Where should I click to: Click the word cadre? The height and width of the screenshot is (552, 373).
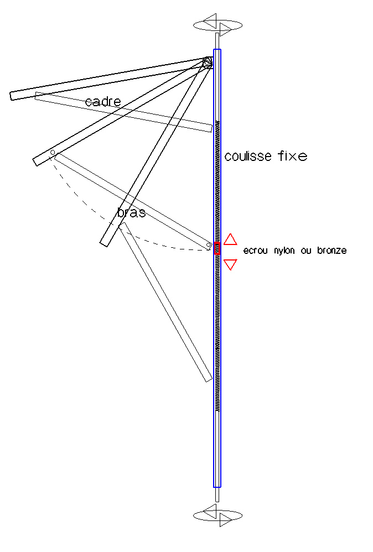pyautogui.click(x=103, y=101)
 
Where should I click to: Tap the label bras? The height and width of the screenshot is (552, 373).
pyautogui.click(x=132, y=212)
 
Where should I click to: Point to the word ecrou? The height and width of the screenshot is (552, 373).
pyautogui.click(x=256, y=251)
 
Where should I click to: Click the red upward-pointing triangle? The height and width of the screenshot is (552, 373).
pyautogui.click(x=230, y=239)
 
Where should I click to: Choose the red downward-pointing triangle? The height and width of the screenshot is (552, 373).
pyautogui.click(x=230, y=264)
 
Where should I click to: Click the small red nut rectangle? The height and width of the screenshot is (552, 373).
pyautogui.click(x=217, y=248)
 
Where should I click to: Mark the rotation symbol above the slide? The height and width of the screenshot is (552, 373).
pyautogui.click(x=217, y=25)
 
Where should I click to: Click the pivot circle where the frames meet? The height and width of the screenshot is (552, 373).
pyautogui.click(x=207, y=63)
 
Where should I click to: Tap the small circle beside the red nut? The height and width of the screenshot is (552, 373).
pyautogui.click(x=209, y=244)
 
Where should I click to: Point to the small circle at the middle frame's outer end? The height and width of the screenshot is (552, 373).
pyautogui.click(x=53, y=152)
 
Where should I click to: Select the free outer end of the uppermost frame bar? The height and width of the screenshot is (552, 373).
pyautogui.click(x=13, y=95)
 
